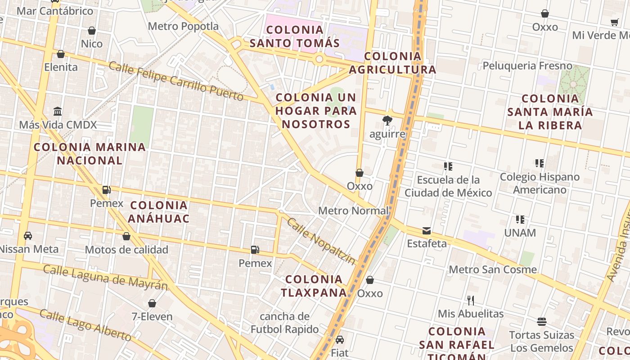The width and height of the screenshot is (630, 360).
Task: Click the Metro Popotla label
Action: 183,26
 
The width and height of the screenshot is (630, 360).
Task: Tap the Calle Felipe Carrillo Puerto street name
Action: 176,81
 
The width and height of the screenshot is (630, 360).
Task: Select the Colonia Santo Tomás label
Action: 294,36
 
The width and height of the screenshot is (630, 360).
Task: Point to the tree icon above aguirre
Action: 387,121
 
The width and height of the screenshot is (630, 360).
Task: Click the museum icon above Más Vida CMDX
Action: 58,111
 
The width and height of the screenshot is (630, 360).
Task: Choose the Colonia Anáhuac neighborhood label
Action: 158,212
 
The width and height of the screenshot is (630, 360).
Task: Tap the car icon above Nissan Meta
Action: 28,236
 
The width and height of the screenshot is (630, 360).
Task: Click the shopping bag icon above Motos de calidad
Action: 126,236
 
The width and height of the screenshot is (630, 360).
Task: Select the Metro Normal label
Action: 353,211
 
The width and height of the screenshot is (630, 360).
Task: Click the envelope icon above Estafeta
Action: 427,231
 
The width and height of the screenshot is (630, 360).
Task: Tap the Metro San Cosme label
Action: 493,270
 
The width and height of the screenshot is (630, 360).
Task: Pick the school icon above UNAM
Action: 520,220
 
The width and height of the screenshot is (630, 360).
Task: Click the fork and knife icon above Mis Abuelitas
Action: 471,300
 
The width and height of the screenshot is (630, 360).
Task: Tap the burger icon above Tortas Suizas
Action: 542,322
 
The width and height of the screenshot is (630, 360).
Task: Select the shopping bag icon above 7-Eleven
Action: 152,303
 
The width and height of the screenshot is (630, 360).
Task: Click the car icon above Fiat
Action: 340,339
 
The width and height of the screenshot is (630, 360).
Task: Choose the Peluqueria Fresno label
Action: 527,66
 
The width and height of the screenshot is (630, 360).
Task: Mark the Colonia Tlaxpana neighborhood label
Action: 314,286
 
